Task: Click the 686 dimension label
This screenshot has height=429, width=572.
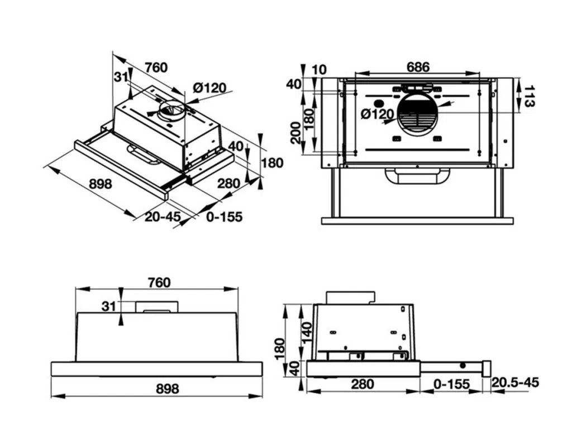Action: tap(418, 67)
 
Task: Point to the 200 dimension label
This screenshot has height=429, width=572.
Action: tap(295, 132)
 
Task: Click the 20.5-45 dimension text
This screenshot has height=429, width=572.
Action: tap(516, 383)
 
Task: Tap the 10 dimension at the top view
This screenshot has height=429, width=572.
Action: tap(320, 69)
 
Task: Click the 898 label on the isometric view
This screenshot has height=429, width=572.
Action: tap(101, 184)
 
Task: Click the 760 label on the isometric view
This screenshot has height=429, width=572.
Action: tap(156, 68)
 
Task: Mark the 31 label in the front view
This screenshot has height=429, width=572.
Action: tap(108, 306)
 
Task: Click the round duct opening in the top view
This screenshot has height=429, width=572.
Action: tap(418, 115)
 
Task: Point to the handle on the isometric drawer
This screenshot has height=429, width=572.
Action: tap(143, 155)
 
